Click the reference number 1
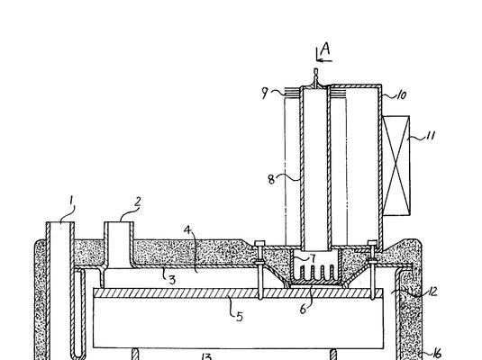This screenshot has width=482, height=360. pos(71,201)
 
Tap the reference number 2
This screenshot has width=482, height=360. pos(138,202)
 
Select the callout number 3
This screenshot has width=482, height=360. pos(172,280)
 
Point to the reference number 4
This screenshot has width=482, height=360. pos(187,229)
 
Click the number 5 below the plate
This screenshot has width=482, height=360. pos(240,317)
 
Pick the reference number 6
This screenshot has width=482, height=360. pos(303,310)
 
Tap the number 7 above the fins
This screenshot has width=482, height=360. pos(313,258)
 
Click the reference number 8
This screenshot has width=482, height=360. pos(271,179)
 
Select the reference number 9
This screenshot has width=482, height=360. pos(265,93)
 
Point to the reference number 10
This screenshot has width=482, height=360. pos(402,94)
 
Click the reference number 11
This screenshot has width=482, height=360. pos(431,135)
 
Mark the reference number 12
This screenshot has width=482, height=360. pos(432,292)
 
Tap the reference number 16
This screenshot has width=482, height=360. pos(437,354)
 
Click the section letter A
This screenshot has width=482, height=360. pos(325,49)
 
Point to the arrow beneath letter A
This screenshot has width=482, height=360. pos(324,60)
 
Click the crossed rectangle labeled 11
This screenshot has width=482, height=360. pos(396,166)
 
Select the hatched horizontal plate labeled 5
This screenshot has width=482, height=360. pos(238,293)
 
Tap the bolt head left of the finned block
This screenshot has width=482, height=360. pos(259,243)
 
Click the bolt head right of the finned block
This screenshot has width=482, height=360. pos(373,243)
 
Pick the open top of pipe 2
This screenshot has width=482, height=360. pos(119,222)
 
